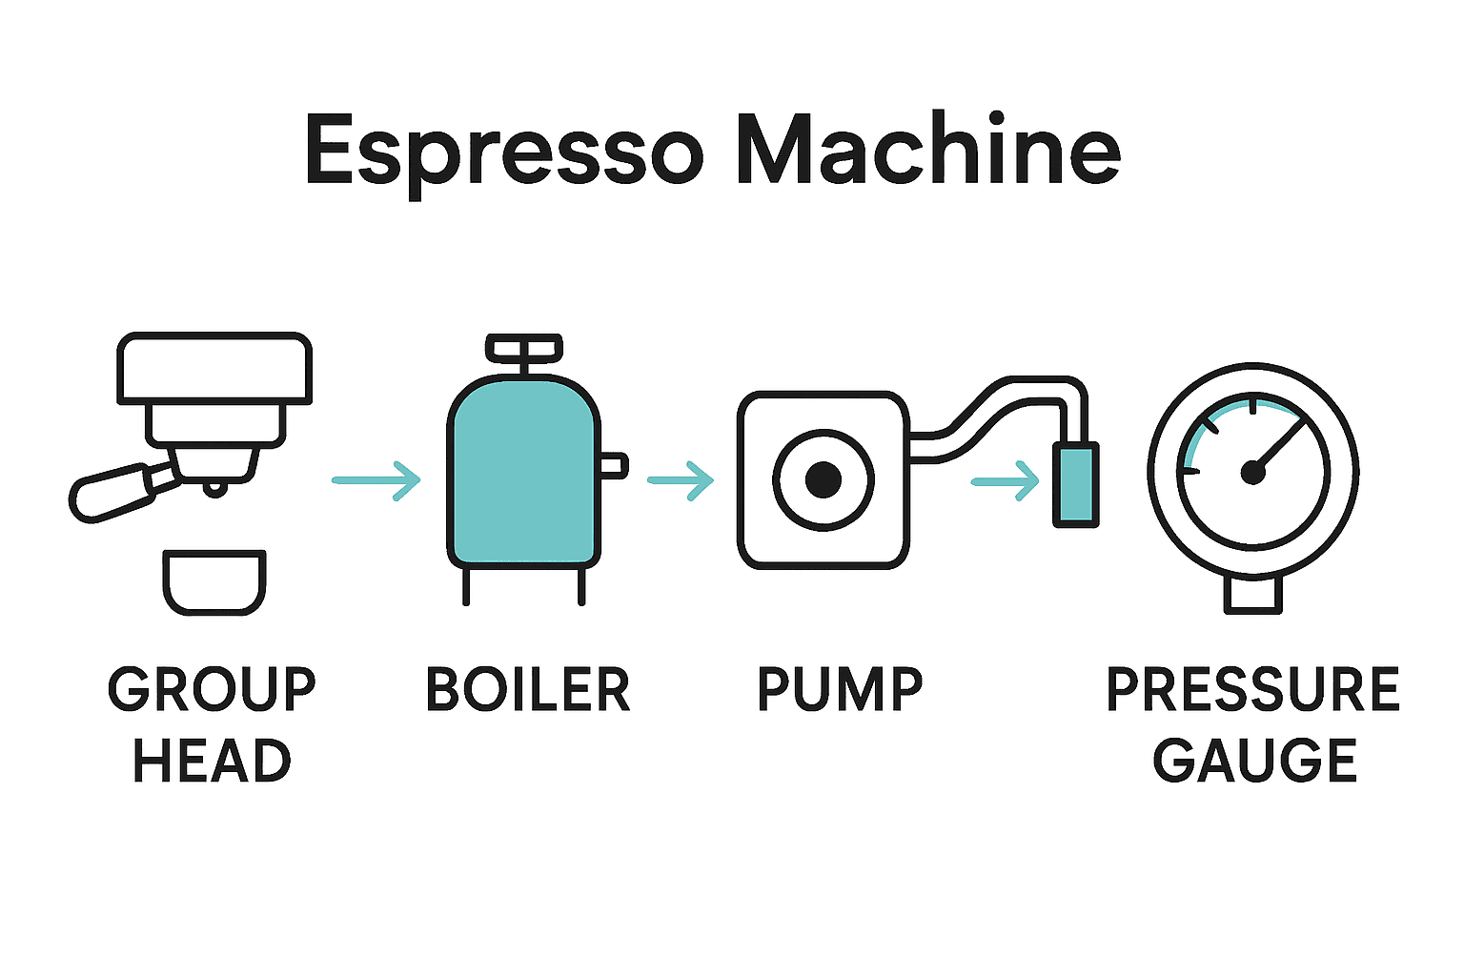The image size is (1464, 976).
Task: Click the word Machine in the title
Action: coord(927,151)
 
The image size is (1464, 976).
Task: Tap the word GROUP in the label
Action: coord(212,689)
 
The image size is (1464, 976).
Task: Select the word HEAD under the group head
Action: coord(212,761)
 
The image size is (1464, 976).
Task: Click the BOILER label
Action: coord(528,689)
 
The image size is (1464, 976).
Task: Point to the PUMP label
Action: coord(840,689)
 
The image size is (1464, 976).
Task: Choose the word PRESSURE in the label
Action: coord(1252,689)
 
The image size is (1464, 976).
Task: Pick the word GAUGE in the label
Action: coord(1254,761)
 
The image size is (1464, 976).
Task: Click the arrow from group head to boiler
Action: coord(376,480)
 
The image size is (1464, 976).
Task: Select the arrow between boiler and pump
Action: coord(681,480)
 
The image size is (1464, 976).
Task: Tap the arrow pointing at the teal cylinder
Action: coord(1006,481)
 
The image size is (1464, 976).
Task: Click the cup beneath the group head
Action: coord(213,580)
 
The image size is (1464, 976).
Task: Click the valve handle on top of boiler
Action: coord(523,348)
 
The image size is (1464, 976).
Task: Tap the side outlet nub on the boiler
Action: coord(613,465)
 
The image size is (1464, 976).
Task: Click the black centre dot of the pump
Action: coord(823,479)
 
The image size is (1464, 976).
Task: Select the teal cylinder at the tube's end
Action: coord(1076,484)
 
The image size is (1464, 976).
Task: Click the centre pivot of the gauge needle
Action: coord(1251,472)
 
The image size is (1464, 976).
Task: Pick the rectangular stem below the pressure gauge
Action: coord(1252,593)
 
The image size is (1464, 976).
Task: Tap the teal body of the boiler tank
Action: coord(523,477)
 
